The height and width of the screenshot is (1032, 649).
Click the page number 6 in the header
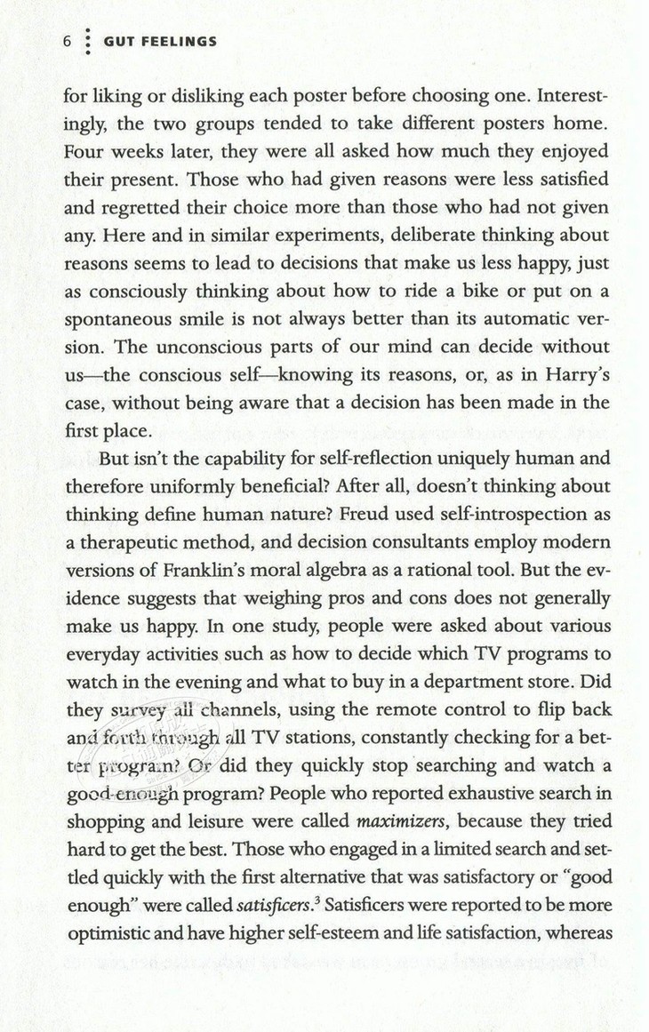point(66,42)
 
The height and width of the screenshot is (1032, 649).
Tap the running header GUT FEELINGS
point(160,42)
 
